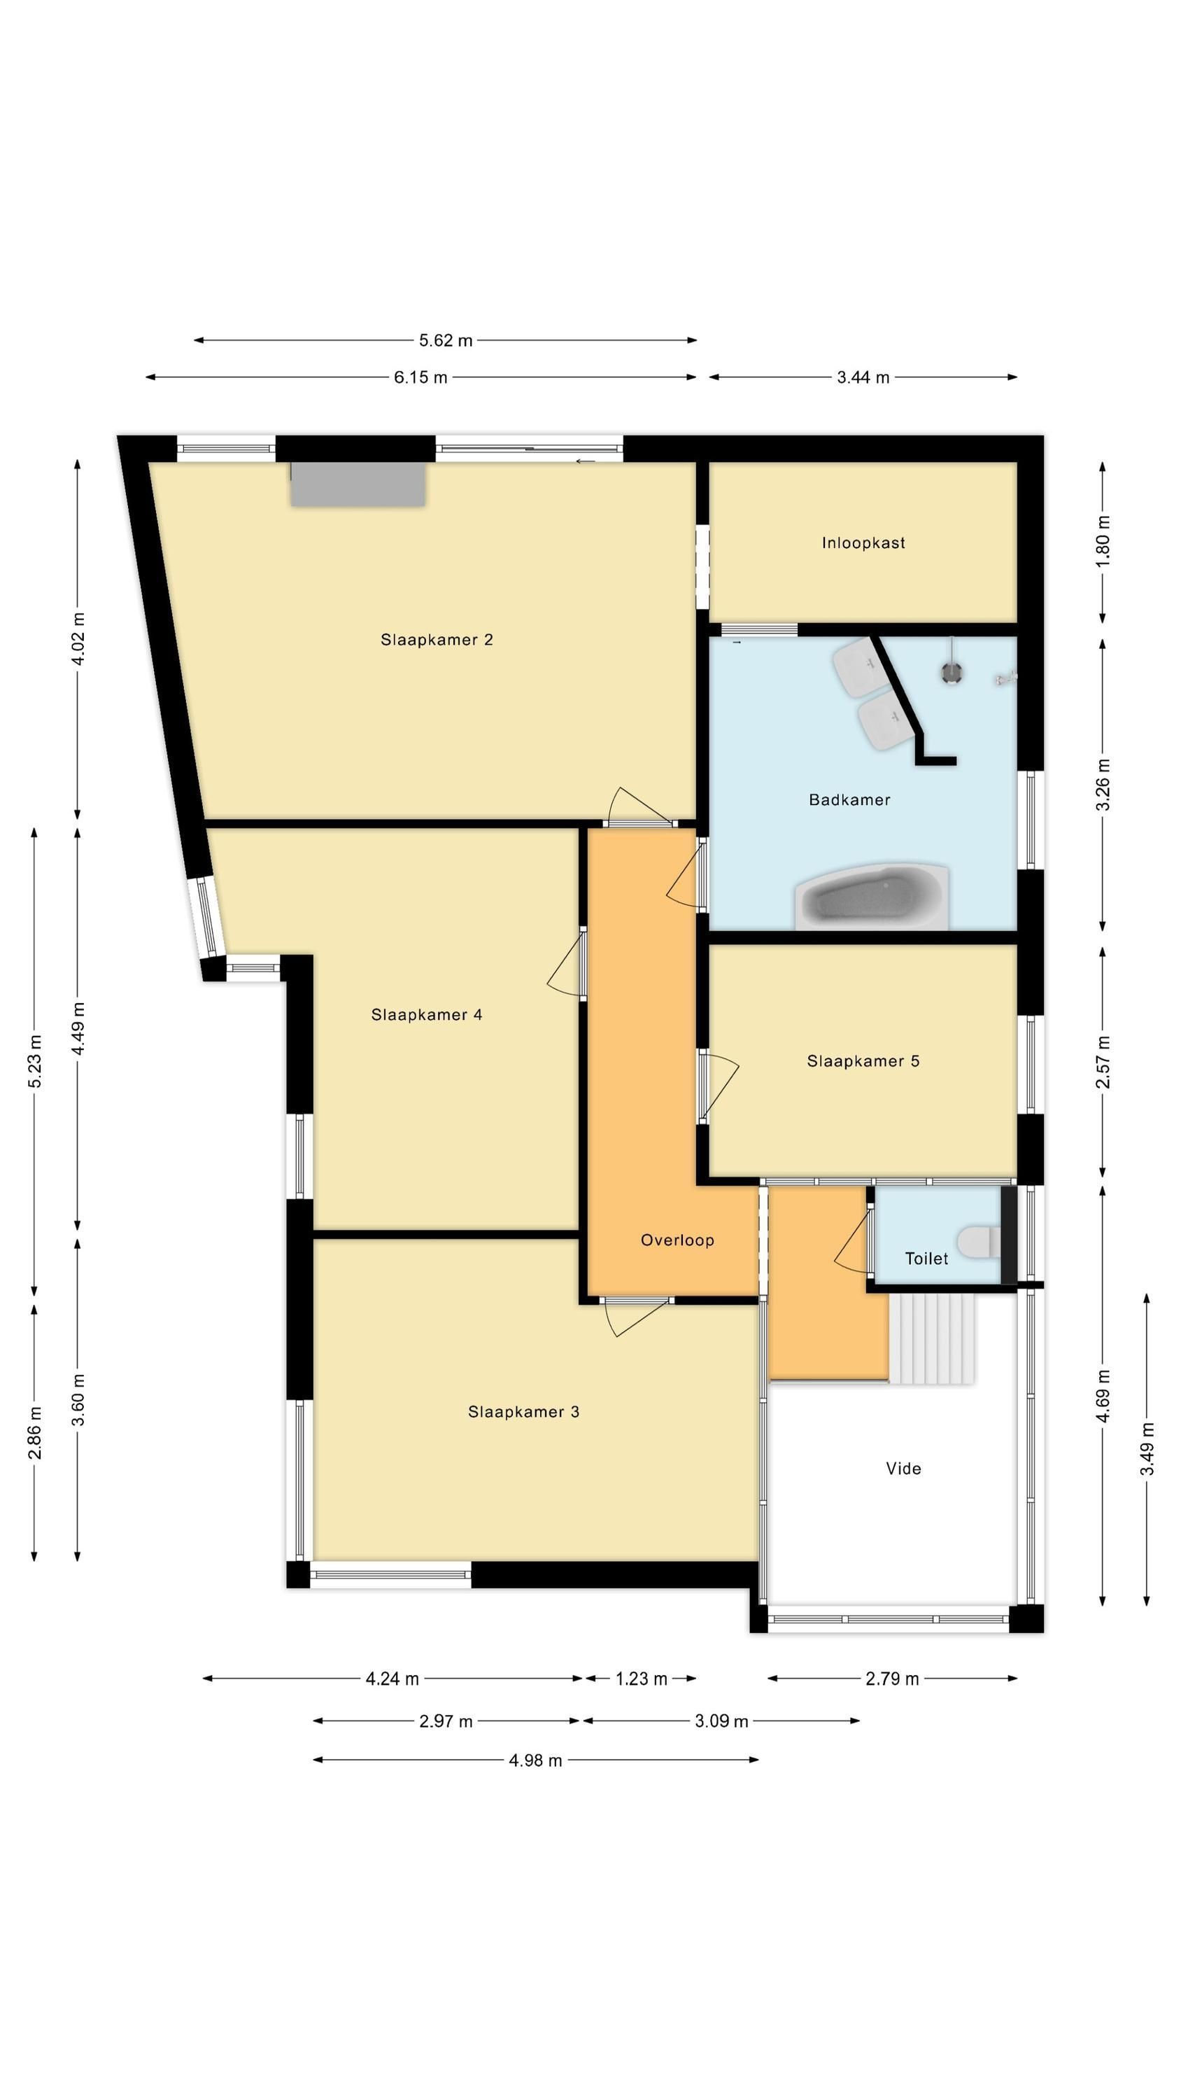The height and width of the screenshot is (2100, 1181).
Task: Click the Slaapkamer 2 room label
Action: point(436,640)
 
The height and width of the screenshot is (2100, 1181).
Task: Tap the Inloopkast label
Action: point(863,543)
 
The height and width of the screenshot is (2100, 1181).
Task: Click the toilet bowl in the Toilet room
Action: point(979,1242)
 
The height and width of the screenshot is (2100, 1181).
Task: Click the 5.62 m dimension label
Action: point(445,341)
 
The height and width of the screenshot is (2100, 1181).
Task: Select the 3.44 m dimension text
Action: point(863,377)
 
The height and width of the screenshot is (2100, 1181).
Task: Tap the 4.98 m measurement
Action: point(535,1760)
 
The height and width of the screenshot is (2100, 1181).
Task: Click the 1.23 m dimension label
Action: point(641,1679)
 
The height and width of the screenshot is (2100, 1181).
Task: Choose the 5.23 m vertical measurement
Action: point(34,1060)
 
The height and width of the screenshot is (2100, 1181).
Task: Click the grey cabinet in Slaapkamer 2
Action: point(359,484)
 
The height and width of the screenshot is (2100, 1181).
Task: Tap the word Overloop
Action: point(677,1240)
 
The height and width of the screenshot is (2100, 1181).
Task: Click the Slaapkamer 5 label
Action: point(863,1060)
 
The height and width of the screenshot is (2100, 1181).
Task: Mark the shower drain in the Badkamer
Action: point(951,673)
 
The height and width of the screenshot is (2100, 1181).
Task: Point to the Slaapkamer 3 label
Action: point(523,1411)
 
